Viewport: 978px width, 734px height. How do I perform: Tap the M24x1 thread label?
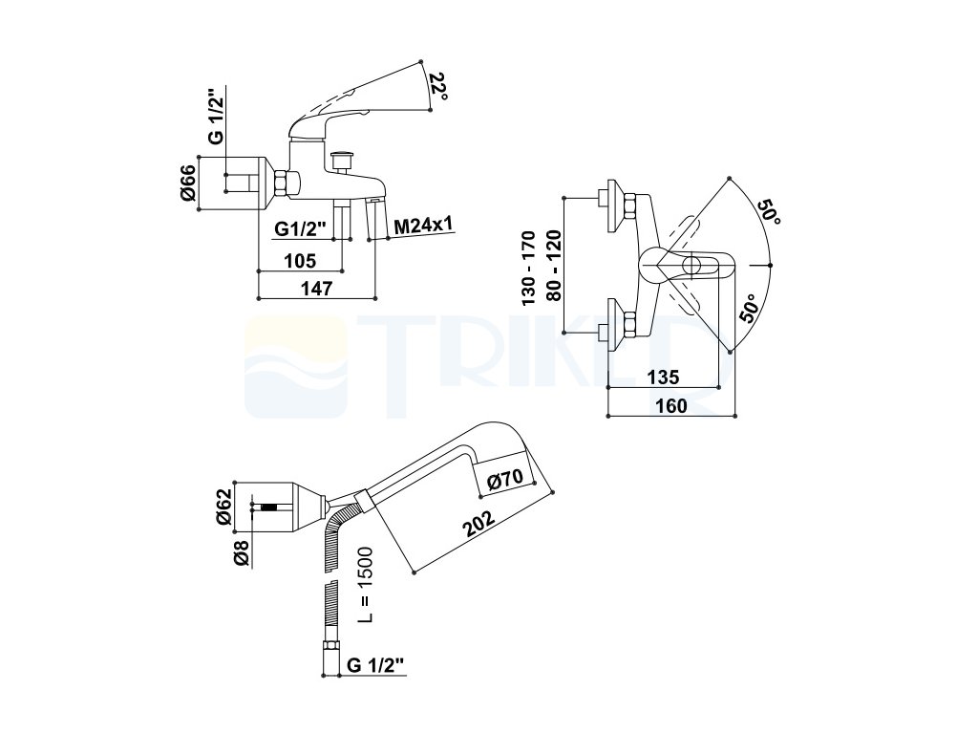423,226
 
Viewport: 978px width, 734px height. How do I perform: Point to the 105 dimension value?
300,260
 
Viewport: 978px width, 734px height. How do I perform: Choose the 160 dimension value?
672,405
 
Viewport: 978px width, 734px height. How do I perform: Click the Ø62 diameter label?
223,506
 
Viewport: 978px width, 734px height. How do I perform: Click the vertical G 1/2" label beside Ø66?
217,121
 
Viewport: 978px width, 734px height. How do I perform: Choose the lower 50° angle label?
749,311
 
